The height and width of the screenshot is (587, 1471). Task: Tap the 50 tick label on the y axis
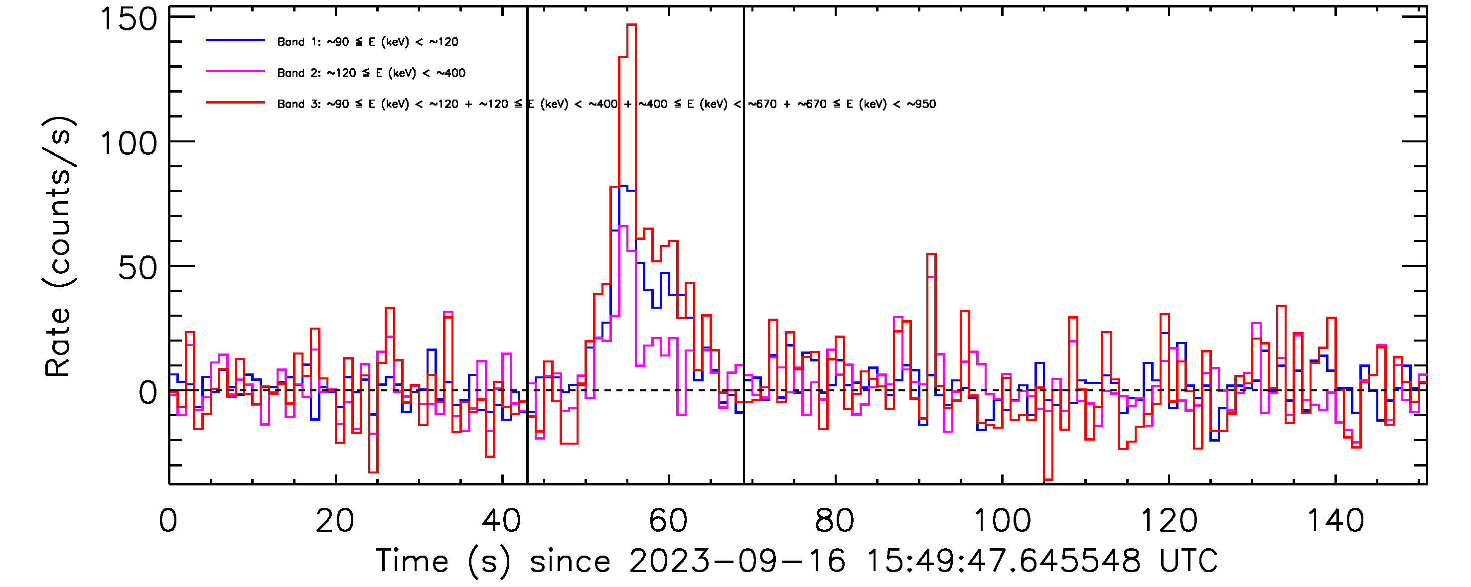click(137, 267)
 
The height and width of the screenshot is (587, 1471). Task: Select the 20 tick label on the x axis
click(335, 521)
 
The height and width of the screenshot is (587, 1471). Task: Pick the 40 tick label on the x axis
click(501, 521)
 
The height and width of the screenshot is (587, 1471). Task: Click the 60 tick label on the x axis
click(668, 521)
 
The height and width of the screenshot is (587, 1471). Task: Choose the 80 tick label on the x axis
click(835, 521)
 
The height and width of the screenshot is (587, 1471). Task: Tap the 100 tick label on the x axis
click(1002, 521)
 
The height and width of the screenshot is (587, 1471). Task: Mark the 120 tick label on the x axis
click(1169, 521)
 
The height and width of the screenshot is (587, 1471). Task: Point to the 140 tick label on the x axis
click(1335, 521)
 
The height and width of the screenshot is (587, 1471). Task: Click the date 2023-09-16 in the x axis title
click(736, 561)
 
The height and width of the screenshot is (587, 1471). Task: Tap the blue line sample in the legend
click(235, 40)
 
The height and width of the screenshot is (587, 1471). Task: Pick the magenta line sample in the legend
click(235, 72)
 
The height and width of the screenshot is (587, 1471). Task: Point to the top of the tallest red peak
click(631, 25)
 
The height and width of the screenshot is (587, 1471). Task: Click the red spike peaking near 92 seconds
click(931, 254)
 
